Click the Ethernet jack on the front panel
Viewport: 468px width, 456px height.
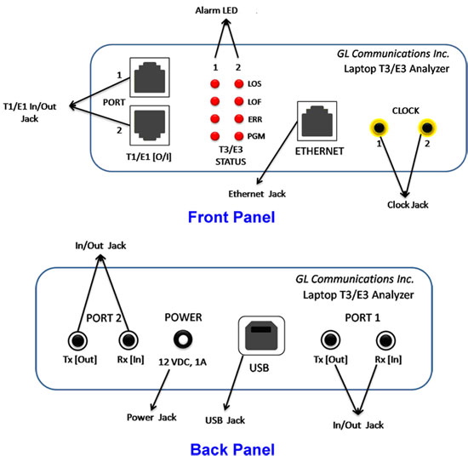(317, 121)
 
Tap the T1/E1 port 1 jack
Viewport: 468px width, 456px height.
(150, 77)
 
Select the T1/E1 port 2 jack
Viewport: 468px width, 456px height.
(150, 125)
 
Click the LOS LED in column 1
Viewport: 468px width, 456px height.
(215, 84)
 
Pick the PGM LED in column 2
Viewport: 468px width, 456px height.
(239, 136)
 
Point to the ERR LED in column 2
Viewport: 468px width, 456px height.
(239, 119)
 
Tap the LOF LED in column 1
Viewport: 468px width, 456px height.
(215, 101)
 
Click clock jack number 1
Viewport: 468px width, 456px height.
(379, 128)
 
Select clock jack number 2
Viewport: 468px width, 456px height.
(427, 128)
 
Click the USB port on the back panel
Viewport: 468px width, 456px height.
(261, 335)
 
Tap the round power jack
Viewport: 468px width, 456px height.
(183, 339)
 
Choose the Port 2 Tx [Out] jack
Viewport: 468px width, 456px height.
(77, 340)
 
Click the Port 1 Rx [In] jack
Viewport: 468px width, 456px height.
(385, 340)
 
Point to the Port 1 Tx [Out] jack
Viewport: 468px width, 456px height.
(330, 340)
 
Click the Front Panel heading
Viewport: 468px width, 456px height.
(231, 217)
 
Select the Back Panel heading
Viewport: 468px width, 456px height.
(232, 449)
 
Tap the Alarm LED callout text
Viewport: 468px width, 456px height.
(216, 10)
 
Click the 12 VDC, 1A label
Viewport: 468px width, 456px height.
(182, 362)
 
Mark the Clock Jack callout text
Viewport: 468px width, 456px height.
(408, 205)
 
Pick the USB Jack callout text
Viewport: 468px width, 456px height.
(225, 420)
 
